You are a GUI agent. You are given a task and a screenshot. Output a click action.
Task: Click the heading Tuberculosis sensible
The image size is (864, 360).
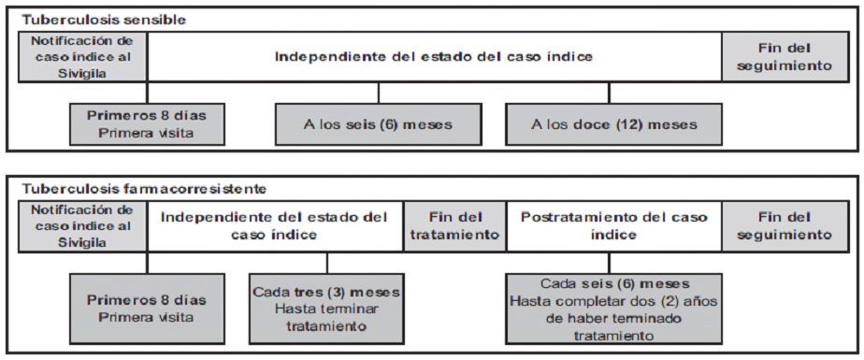[104, 21]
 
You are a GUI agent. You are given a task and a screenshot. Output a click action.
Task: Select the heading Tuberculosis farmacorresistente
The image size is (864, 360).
[144, 189]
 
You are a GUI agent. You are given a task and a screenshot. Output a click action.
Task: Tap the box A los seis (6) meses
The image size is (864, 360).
[378, 124]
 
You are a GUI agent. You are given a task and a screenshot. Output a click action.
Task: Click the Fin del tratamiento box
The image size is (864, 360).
[454, 226]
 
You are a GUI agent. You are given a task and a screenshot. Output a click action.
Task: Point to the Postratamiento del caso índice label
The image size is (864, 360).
[613, 225]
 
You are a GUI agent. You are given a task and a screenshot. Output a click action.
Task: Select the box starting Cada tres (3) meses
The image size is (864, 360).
[326, 309]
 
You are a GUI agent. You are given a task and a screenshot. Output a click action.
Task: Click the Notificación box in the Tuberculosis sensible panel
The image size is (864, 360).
[82, 57]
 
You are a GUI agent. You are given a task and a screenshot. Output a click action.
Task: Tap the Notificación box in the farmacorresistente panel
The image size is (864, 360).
[82, 226]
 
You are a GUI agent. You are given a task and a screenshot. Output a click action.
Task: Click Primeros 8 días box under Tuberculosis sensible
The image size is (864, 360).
[147, 124]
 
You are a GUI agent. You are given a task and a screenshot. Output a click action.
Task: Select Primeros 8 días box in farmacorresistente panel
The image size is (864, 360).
[147, 309]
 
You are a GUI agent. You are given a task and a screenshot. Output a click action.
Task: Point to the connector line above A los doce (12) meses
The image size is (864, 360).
[609, 94]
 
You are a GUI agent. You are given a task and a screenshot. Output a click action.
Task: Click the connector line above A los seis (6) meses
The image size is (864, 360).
[378, 94]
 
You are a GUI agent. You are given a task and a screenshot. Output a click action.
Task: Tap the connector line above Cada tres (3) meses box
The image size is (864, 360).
[326, 263]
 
